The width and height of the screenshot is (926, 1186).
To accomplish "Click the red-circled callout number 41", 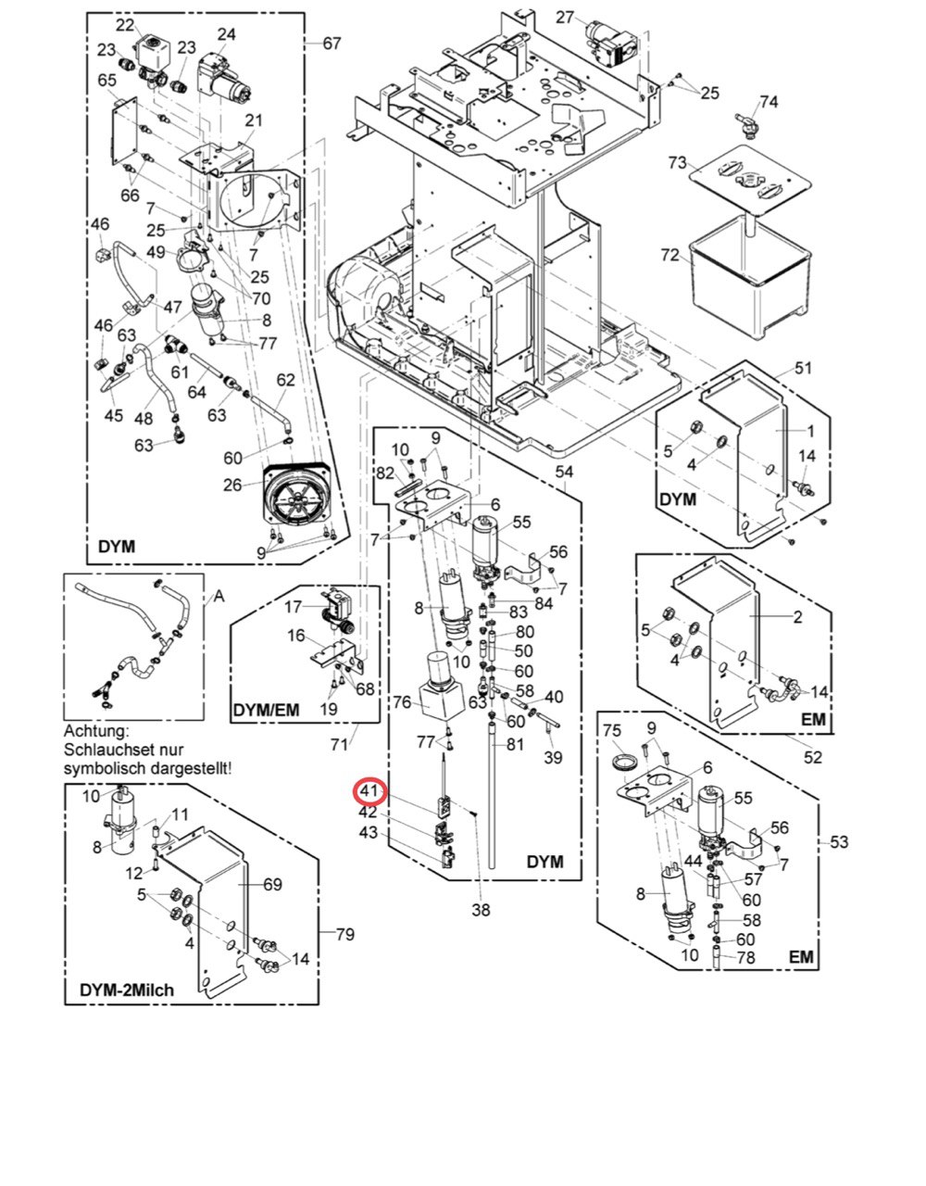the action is tap(369, 791).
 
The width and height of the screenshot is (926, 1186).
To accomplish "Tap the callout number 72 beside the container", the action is tap(670, 256).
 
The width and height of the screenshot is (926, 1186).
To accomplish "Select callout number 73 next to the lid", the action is tap(677, 163).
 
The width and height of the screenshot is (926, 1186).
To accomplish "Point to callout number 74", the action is tap(769, 102).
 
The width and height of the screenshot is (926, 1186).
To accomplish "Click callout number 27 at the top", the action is tap(565, 18).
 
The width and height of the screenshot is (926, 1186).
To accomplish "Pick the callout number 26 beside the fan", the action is tap(232, 485).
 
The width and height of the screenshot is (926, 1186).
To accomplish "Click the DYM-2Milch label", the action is tap(127, 990).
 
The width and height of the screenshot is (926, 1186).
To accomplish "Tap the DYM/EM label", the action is tap(266, 710).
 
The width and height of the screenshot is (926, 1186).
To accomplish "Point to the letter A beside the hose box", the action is tap(219, 597).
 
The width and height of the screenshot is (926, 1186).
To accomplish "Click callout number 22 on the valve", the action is tap(125, 25).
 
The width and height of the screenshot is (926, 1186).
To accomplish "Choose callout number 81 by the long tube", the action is tap(516, 744).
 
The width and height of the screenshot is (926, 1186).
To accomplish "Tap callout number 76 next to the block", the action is tap(402, 702).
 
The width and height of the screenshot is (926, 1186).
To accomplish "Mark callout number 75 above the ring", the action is tap(612, 730).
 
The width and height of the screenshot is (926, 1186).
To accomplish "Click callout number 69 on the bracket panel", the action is tap(272, 884).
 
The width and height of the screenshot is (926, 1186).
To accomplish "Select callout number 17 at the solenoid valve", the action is tap(293, 607).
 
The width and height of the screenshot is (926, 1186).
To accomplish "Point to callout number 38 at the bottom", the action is tap(481, 910).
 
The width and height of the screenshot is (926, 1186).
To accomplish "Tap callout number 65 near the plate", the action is tap(106, 81).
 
